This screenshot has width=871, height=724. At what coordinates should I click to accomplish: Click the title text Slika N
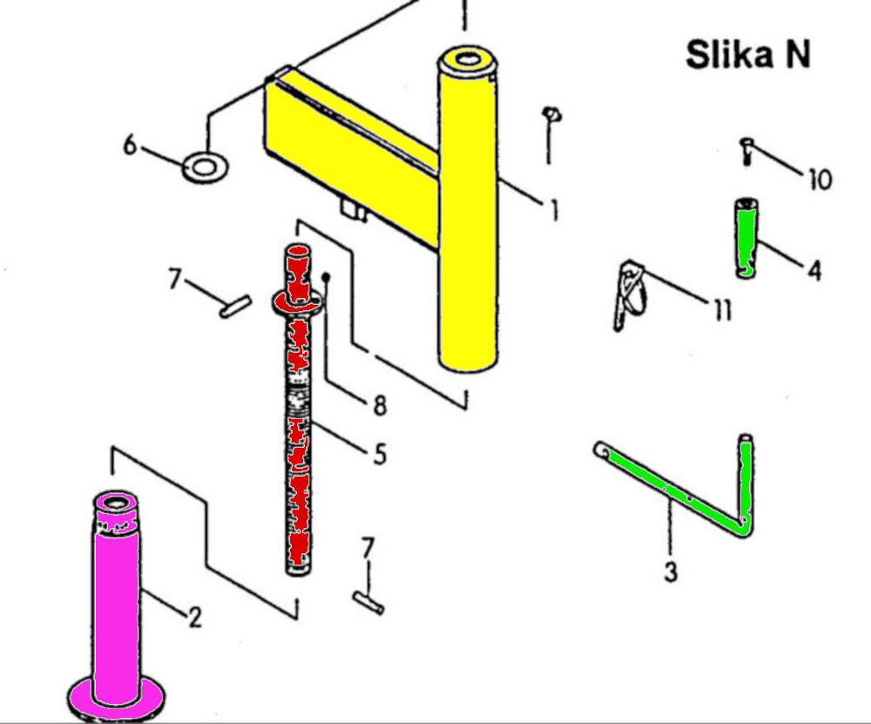[x=748, y=55]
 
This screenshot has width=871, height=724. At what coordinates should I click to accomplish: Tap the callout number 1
[x=552, y=210]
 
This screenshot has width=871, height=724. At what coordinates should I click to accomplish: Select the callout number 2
[x=195, y=617]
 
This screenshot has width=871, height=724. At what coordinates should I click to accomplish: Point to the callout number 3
[x=671, y=572]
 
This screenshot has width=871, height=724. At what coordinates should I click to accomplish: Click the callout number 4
[x=814, y=271]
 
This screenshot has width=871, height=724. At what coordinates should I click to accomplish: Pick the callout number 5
[x=379, y=454]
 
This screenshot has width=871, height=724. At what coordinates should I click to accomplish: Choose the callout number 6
[x=130, y=145]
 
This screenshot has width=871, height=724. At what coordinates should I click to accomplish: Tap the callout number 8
[x=379, y=405]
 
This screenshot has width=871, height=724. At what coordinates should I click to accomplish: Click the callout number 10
[x=820, y=180]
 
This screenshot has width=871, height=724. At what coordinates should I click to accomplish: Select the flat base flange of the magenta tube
[x=117, y=696]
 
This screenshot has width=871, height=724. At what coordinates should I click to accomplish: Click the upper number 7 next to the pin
[x=175, y=279]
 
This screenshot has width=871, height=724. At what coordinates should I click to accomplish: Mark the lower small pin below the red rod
[x=369, y=602]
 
